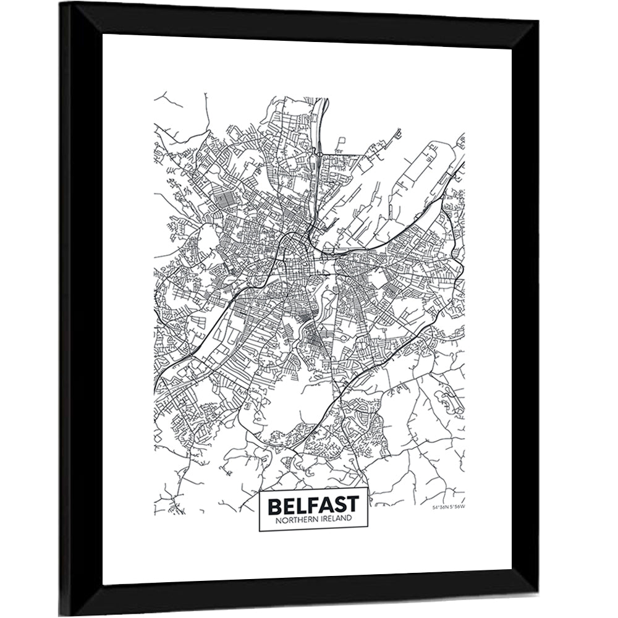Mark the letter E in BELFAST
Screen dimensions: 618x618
289,506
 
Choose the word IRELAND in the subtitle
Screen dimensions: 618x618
334,519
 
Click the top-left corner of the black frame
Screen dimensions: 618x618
61,3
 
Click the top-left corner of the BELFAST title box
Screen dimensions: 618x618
258,489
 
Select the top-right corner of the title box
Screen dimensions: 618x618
368,489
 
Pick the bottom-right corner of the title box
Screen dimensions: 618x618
368,530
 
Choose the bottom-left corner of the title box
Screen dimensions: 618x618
258,530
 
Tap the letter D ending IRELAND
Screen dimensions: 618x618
350,519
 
